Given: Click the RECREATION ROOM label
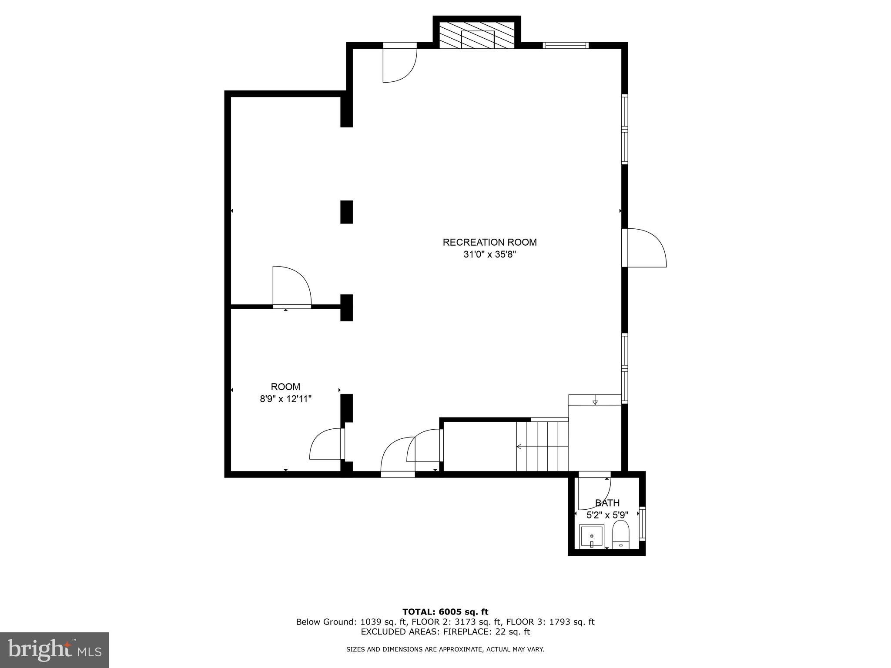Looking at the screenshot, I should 489,242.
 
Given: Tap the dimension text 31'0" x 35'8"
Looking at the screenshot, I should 489,254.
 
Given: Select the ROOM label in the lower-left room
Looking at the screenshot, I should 285,387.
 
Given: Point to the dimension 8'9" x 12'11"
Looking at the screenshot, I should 285,399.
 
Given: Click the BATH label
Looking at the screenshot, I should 607,503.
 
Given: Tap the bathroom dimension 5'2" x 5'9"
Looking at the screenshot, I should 607,515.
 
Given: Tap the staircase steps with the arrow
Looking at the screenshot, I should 542,446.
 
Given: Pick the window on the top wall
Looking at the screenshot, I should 566,45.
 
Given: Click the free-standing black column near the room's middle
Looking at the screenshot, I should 346,212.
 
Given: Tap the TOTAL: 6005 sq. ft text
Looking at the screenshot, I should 445,612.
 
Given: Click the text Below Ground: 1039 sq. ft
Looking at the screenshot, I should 351,622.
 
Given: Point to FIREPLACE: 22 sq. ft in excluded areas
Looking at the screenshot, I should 486,632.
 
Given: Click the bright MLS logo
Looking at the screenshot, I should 54,650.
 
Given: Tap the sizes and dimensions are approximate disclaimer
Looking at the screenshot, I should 445,650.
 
